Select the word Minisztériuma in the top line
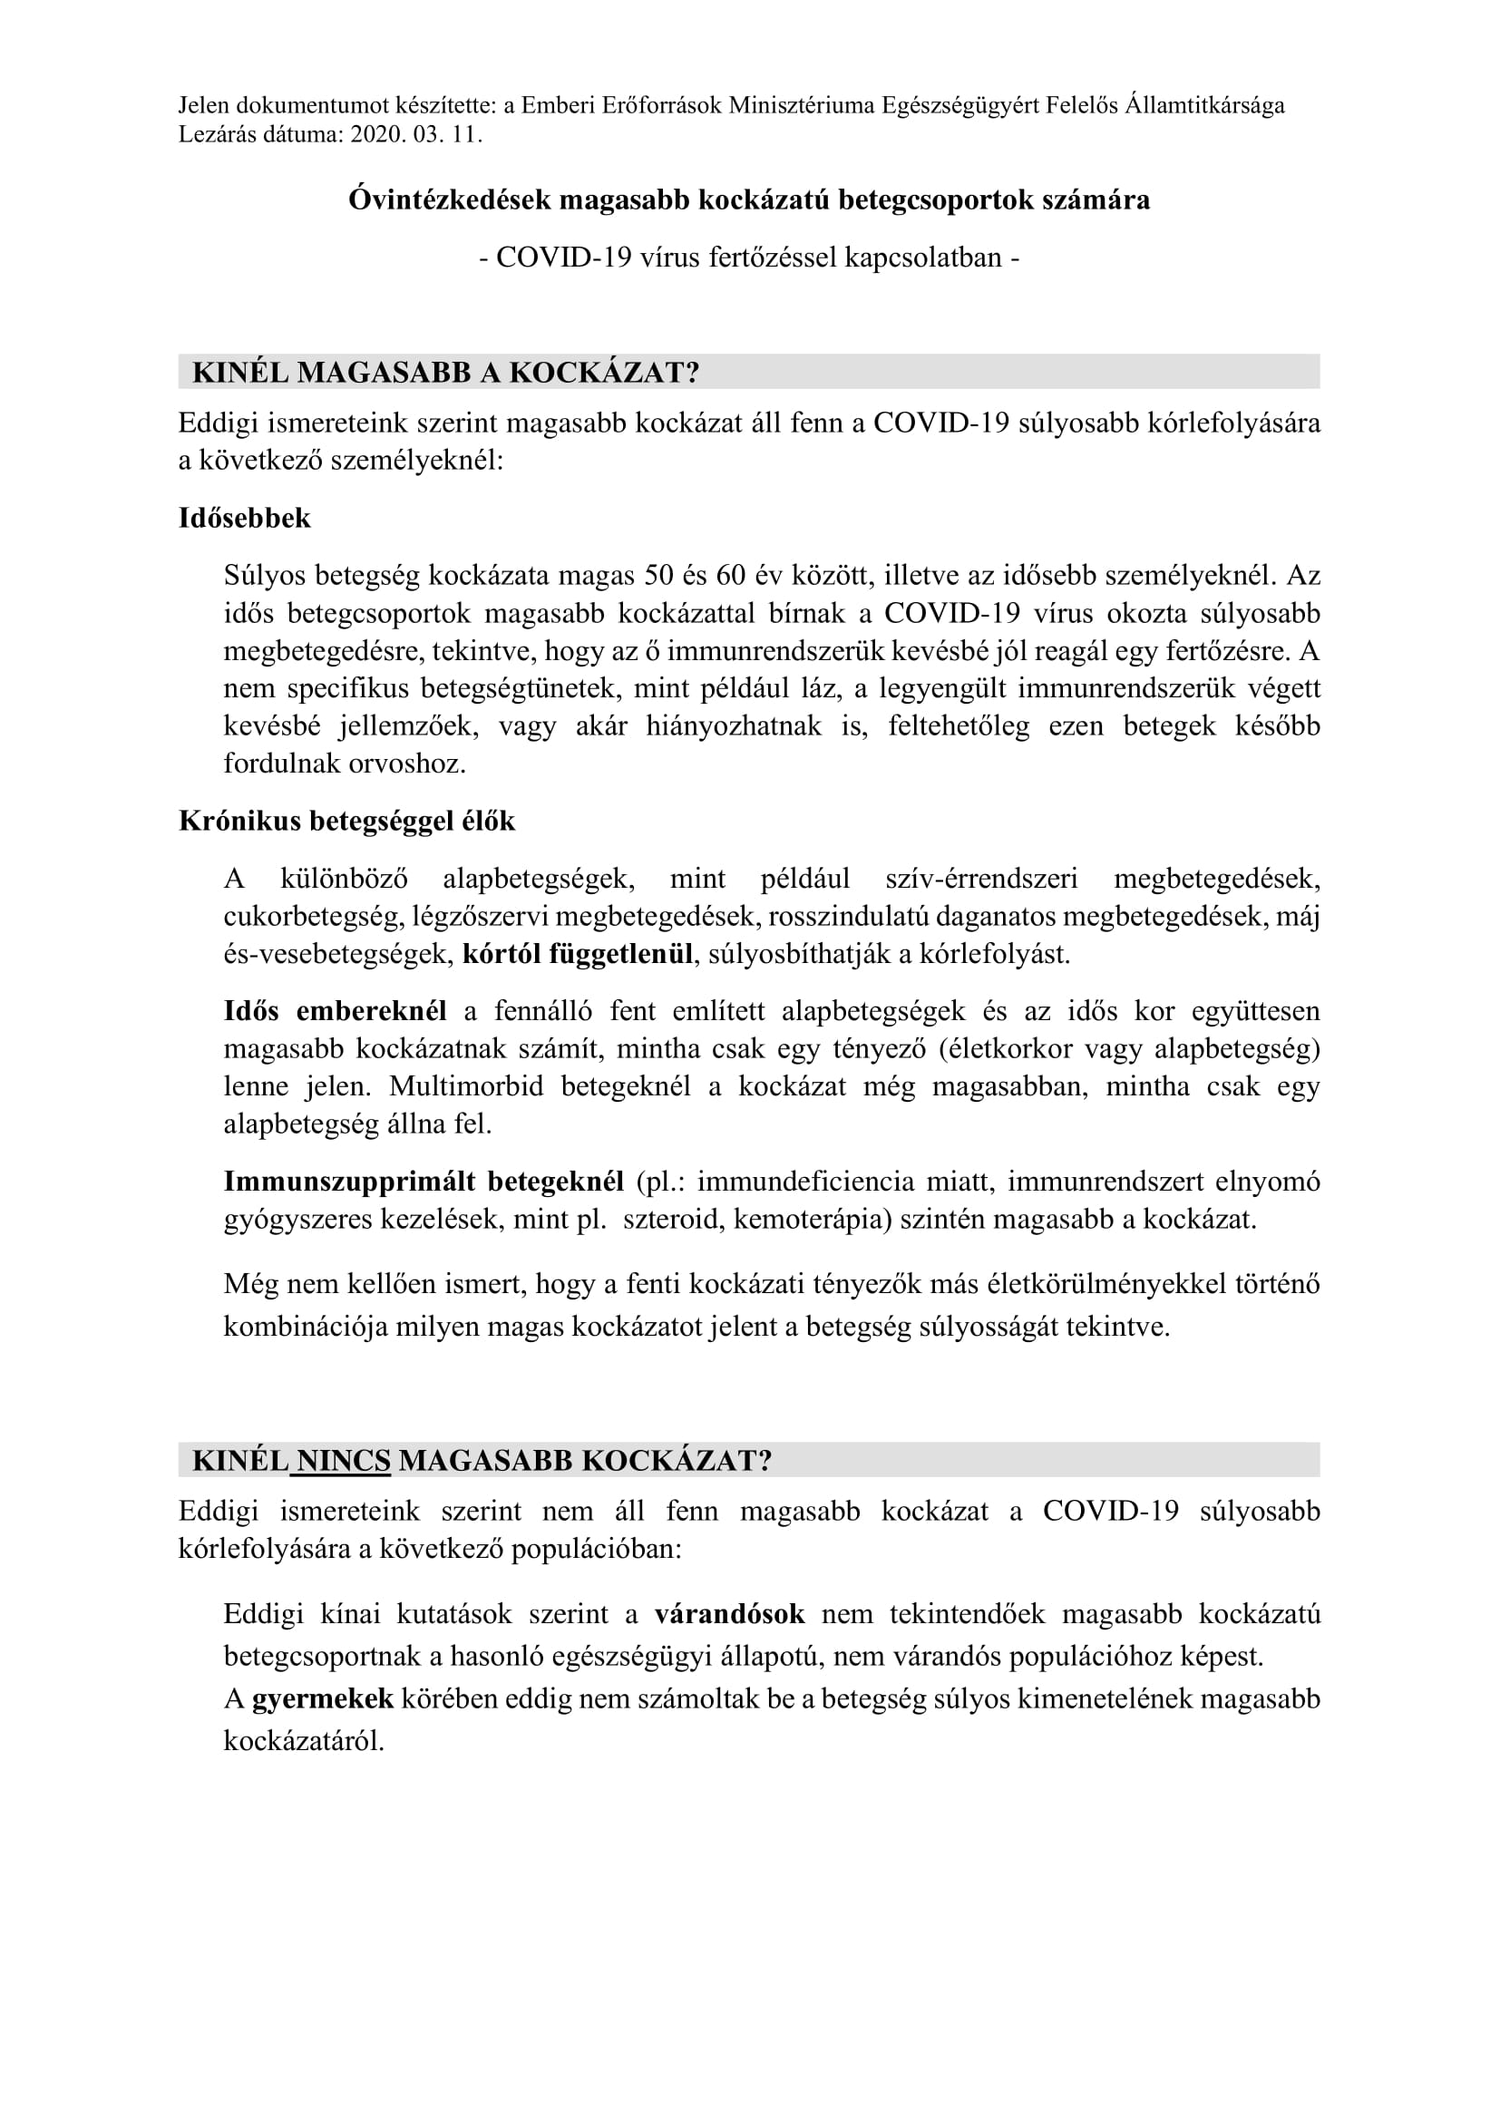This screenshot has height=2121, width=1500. click(802, 105)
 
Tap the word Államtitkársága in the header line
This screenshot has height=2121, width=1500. click(1204, 105)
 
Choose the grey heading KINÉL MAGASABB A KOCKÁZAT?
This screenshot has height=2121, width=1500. click(445, 373)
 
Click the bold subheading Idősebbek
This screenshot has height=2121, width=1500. click(245, 519)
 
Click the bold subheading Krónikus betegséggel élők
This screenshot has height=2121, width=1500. click(346, 822)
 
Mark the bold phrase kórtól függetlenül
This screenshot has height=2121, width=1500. click(578, 954)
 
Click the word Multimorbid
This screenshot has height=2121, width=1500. click(466, 1086)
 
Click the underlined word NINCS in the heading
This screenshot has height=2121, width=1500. click(344, 1461)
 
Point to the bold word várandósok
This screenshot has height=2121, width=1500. click(730, 1614)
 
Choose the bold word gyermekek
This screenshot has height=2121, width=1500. click(322, 1698)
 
